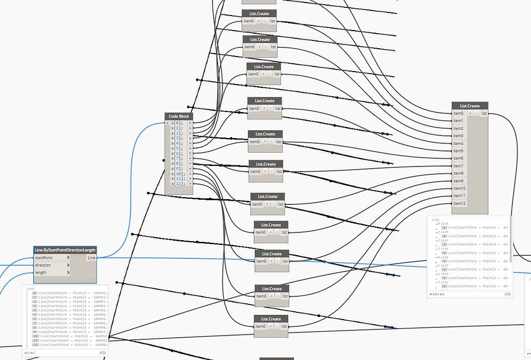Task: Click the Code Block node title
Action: (x=179, y=117)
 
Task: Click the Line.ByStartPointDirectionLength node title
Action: (x=65, y=250)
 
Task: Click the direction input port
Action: (x=43, y=265)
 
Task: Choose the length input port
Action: (x=40, y=272)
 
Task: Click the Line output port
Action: (x=91, y=258)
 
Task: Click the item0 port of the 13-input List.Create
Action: (x=458, y=113)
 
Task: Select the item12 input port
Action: (x=459, y=203)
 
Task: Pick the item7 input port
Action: (x=458, y=166)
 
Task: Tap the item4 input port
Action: (x=458, y=143)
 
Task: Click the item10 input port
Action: (x=459, y=188)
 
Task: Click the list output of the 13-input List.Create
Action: (x=484, y=113)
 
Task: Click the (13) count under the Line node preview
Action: (x=102, y=353)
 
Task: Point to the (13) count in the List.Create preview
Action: (x=507, y=294)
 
